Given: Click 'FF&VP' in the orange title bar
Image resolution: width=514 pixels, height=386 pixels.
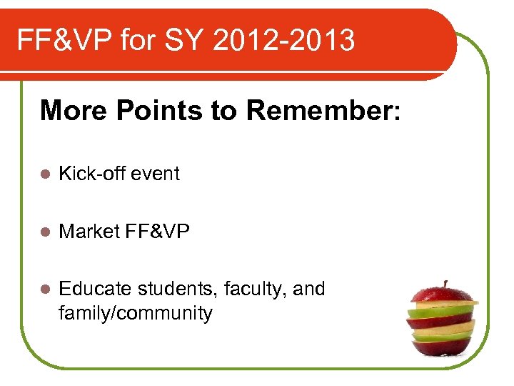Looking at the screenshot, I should point(64,41).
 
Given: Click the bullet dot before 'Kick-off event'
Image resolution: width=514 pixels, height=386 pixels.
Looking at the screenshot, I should point(44,174).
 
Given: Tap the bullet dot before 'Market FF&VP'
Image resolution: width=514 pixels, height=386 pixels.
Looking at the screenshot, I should point(44,232).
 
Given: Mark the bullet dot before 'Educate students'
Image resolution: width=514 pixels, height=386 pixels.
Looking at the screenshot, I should point(44,289).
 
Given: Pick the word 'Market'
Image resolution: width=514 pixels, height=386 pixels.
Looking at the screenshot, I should point(88,232).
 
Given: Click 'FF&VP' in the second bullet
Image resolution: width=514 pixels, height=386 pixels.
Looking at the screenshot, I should point(156,232).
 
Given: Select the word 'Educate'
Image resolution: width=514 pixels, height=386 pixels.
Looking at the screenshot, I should point(95,289).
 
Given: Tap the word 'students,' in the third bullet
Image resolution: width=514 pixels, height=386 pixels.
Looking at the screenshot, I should point(177,289).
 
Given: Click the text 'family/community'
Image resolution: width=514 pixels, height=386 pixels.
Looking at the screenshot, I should point(136,313).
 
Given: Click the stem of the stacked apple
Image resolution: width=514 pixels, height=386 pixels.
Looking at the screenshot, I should point(444,284).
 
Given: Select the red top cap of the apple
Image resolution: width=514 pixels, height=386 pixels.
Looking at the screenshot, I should point(442,295).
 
